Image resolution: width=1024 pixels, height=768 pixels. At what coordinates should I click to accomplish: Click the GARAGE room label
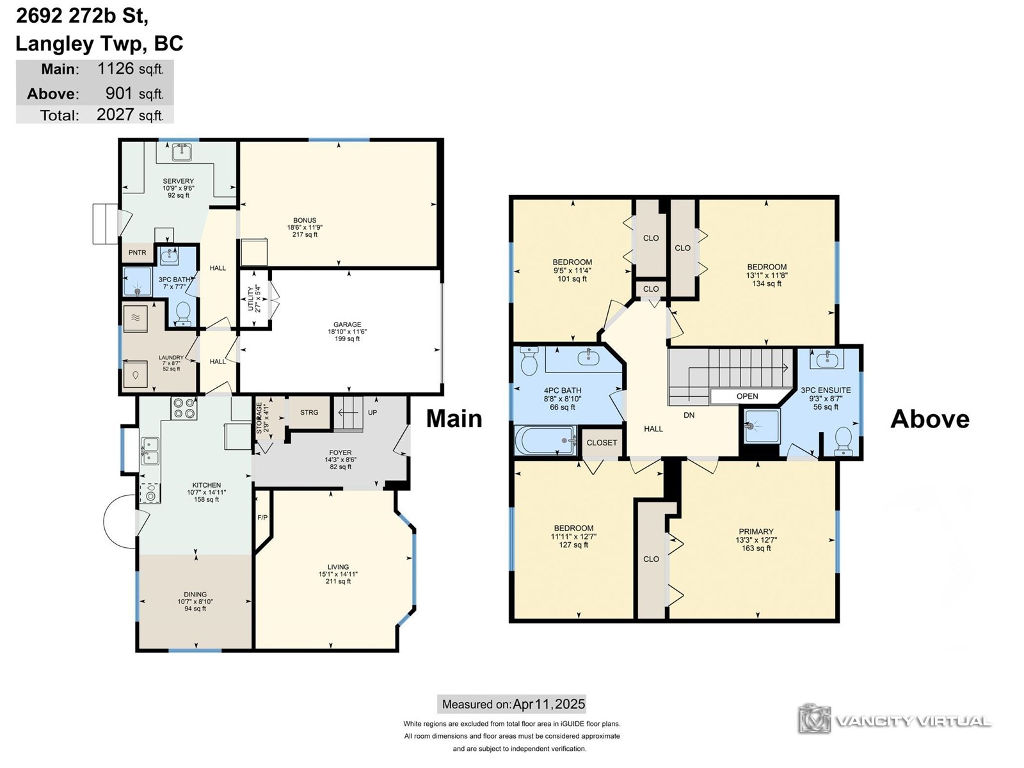(x=347, y=324)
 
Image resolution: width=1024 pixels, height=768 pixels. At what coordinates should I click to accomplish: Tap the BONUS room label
(x=305, y=220)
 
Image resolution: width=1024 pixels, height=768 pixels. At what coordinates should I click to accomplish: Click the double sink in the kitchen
(x=150, y=451)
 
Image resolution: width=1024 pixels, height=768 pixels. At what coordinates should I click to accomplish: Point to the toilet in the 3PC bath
(x=183, y=314)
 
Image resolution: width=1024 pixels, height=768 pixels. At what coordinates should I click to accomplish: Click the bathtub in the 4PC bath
(x=545, y=440)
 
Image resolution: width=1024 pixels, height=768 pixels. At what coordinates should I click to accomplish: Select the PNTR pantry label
(x=137, y=253)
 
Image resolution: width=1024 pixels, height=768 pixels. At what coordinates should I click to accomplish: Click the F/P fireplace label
(x=262, y=517)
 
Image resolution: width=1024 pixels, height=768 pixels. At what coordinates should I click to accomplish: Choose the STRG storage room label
(x=309, y=412)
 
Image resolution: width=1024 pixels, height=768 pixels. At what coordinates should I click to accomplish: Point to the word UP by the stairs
(x=372, y=412)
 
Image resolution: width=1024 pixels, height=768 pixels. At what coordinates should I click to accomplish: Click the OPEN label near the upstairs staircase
(x=748, y=396)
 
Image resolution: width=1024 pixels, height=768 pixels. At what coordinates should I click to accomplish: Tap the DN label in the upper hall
(x=689, y=415)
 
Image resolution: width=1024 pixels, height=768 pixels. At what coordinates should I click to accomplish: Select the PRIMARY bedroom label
(x=756, y=532)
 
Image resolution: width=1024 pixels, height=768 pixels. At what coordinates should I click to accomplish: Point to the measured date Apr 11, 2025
(x=548, y=704)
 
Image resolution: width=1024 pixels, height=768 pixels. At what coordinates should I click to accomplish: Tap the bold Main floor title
(x=454, y=419)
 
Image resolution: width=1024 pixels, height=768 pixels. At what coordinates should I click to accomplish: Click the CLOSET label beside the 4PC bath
(x=602, y=442)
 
